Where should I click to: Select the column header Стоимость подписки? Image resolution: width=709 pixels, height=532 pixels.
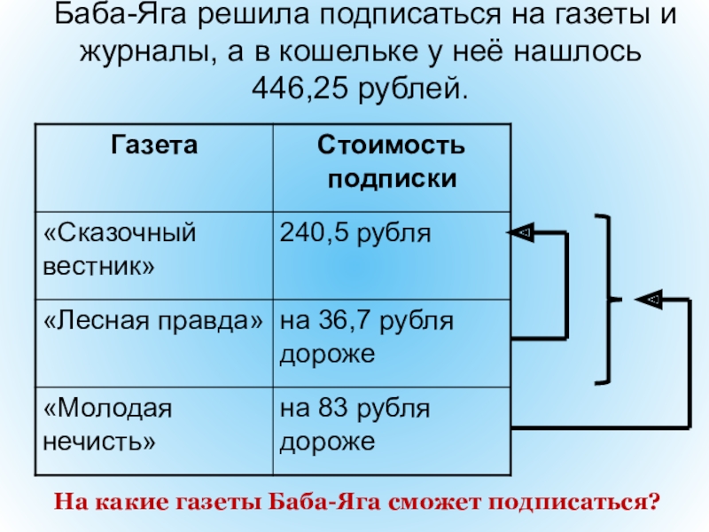(x=392, y=160)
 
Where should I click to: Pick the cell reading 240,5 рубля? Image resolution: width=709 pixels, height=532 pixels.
(x=355, y=234)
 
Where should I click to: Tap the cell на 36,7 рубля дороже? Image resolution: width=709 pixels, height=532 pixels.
(x=366, y=336)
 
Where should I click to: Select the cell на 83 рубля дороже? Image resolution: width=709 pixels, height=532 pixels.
(x=354, y=424)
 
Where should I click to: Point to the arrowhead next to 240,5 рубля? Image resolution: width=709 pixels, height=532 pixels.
(x=520, y=232)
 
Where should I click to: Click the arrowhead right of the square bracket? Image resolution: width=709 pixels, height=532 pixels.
(x=650, y=300)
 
